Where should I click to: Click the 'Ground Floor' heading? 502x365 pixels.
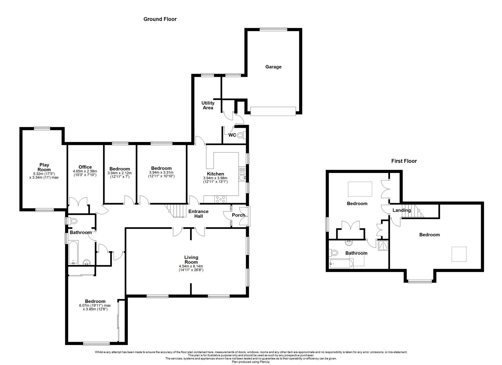(160, 19)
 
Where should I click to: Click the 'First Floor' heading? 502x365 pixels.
(404, 161)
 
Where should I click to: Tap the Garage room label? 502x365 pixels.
(273, 67)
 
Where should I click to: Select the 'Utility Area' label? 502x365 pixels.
(208, 105)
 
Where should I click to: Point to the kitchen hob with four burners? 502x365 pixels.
(220, 199)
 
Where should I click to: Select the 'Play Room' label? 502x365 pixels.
(44, 167)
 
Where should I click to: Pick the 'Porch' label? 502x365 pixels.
(238, 215)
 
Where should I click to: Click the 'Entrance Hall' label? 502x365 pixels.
(198, 214)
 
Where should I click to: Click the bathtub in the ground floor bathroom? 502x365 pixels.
(73, 252)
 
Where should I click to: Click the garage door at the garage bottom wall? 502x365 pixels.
(273, 111)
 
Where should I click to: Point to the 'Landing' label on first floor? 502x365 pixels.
(401, 210)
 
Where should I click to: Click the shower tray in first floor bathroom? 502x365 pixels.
(383, 245)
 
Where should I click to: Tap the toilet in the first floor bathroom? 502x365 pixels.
(334, 252)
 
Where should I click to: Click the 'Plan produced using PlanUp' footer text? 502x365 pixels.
(251, 362)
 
